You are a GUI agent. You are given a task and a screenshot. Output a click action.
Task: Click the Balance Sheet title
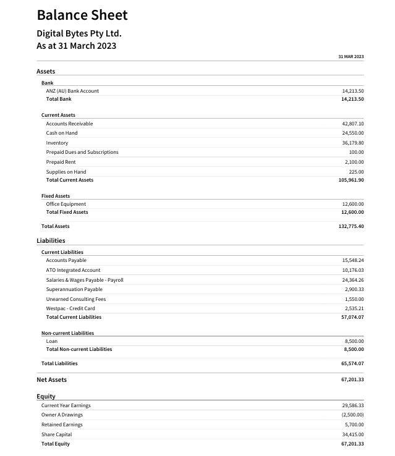pos(82,15)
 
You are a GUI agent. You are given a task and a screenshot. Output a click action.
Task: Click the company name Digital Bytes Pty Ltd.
pos(79,33)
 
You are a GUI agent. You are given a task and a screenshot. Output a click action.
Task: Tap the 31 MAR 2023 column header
pos(350,57)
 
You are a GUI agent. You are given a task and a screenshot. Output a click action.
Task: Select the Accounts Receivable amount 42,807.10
pos(352,124)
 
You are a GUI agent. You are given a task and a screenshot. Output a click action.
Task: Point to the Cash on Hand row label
pos(62,133)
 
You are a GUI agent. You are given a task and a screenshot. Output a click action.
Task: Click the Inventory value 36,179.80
pos(352,143)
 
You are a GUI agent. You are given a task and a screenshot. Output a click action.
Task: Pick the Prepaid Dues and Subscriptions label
pos(82,152)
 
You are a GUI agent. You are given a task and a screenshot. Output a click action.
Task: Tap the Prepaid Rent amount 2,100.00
pos(354,162)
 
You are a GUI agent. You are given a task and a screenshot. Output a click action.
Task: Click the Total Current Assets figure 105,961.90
pos(351,180)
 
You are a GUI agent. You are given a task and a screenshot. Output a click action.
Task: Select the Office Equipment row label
pos(66,204)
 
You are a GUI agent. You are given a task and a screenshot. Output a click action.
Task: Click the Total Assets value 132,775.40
pos(351,226)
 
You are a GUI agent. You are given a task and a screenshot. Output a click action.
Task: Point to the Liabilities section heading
pos(51,240)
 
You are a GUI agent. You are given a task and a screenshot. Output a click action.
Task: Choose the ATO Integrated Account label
pos(73,270)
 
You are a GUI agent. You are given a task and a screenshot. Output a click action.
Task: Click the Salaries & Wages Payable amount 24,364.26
pos(352,280)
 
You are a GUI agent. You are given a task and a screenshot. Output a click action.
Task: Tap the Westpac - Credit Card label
pos(70,308)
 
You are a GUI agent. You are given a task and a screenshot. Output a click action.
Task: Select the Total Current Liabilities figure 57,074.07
pos(352,317)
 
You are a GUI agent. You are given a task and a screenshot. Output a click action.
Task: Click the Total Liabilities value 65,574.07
pos(352,363)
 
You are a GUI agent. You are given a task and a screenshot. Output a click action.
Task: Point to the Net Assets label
pos(52,380)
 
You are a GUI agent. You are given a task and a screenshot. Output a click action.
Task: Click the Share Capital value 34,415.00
pos(352,434)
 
